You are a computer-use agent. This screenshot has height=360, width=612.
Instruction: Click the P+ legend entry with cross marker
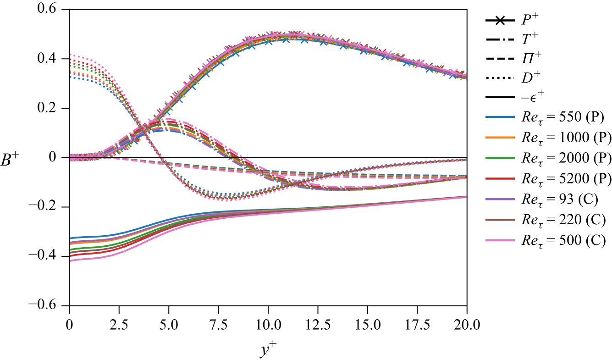point(527,21)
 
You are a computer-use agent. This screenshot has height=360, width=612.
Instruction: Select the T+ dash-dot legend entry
point(527,41)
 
